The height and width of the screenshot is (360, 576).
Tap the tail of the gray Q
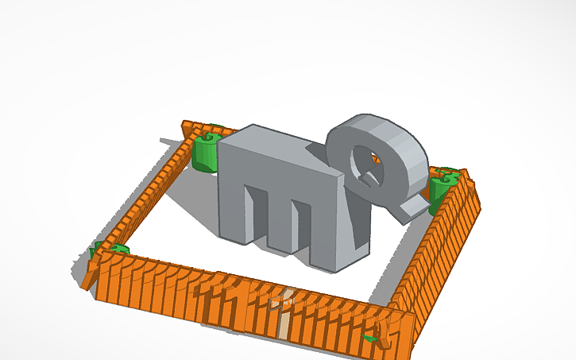413,207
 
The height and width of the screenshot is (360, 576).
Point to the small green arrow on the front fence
369,339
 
